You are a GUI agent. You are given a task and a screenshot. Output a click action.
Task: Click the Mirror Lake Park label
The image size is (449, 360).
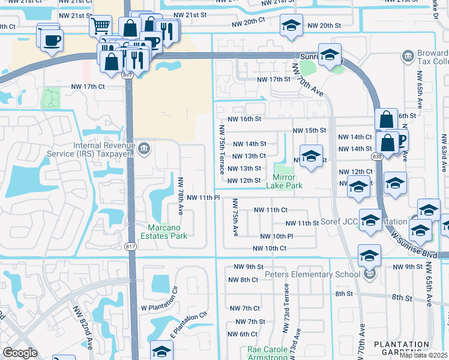[284, 181]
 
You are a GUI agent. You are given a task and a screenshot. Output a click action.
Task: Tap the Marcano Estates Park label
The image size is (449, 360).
[168, 231]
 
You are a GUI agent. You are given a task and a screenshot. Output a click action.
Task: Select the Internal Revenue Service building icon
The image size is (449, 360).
[143, 148]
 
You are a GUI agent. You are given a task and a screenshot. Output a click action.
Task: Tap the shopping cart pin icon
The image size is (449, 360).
[100, 25]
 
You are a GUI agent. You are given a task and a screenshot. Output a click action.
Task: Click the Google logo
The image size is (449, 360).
[20, 353]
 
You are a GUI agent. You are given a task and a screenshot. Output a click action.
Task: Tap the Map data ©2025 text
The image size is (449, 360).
[423, 355]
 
